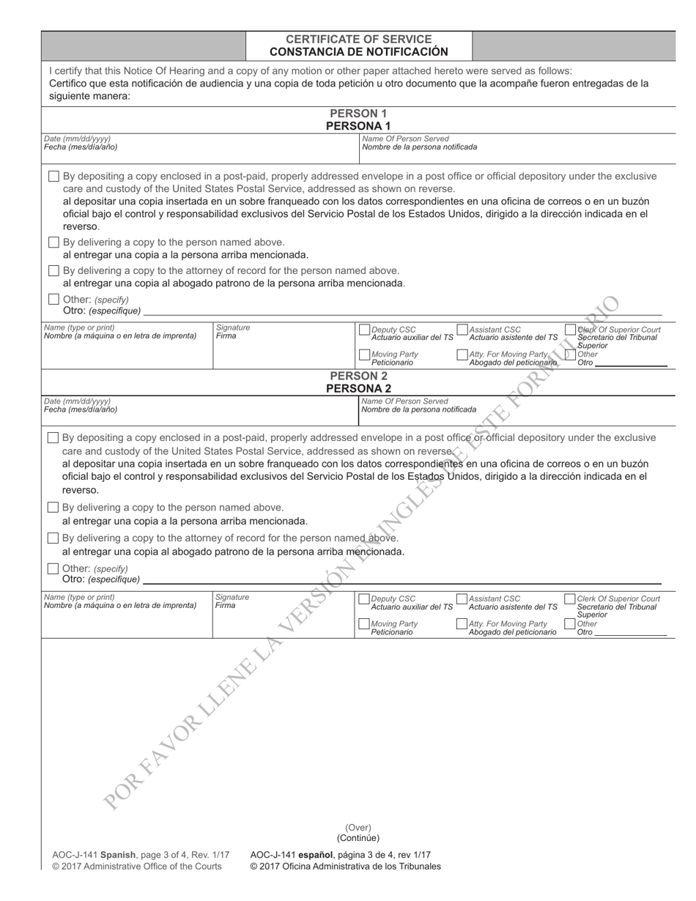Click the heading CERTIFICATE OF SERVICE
tap(358, 39)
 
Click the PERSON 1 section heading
tap(358, 114)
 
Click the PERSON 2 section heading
tap(358, 377)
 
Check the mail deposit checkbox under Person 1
tap(53, 177)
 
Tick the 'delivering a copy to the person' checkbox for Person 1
tap(53, 242)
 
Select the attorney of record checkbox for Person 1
tap(53, 270)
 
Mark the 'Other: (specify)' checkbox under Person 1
tap(53, 300)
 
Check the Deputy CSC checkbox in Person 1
tap(364, 330)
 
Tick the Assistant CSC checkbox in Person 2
tap(462, 599)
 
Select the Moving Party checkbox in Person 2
tap(364, 624)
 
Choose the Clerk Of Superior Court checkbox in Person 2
tap(569, 599)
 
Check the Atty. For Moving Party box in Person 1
tap(462, 355)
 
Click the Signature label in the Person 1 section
tap(232, 327)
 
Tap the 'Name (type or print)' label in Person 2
tap(79, 597)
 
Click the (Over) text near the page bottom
tap(358, 828)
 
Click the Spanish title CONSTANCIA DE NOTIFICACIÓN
tap(358, 52)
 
